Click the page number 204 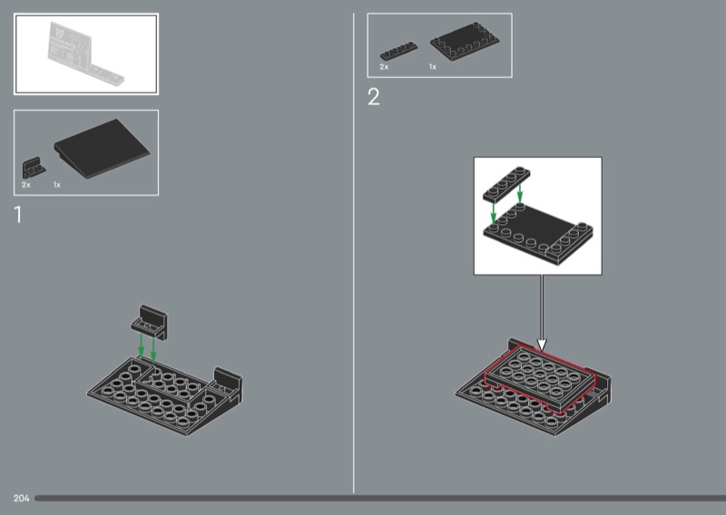[x=21, y=499]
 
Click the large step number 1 [x=18, y=215]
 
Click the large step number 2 [x=374, y=97]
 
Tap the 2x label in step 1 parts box [x=26, y=185]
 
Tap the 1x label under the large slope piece [x=56, y=185]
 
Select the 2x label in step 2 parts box [x=384, y=67]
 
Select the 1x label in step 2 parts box [x=433, y=67]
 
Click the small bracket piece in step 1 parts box [x=34, y=168]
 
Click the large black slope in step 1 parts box [x=102, y=149]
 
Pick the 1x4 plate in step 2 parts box [x=398, y=51]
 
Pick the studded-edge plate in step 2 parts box [x=465, y=42]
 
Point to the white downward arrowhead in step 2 [x=541, y=345]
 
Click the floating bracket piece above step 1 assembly [x=149, y=323]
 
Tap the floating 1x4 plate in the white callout [x=506, y=184]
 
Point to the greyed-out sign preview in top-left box [x=85, y=53]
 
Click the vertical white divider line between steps [x=353, y=253]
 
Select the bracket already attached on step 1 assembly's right [x=227, y=384]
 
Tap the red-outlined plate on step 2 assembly [x=540, y=378]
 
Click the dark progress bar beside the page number [x=380, y=499]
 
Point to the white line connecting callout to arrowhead [x=541, y=307]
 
